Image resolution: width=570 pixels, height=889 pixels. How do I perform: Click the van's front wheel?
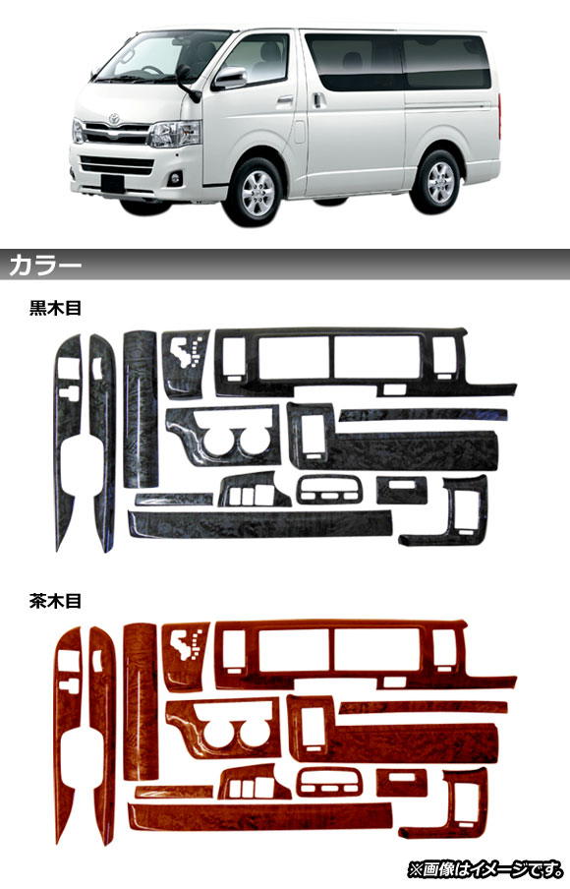[x=254, y=191]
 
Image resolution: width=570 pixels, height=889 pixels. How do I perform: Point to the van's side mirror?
[x=229, y=79]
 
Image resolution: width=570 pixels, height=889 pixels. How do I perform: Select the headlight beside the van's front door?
[x=175, y=134]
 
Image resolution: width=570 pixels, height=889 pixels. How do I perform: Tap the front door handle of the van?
[x=285, y=101]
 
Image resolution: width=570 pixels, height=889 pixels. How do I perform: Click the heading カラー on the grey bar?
[x=45, y=266]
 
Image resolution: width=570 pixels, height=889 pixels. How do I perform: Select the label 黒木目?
[x=56, y=308]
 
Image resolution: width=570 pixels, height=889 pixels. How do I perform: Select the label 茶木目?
[x=56, y=601]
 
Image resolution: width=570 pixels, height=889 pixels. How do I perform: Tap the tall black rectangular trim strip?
[x=141, y=409]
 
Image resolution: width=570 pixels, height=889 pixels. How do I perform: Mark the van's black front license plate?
[x=112, y=183]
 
